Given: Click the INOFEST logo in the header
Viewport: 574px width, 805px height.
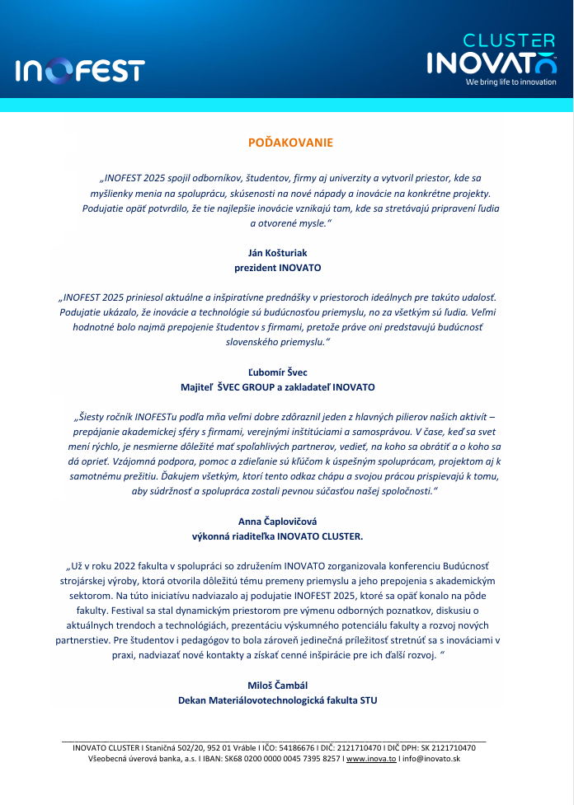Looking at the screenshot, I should [80, 71].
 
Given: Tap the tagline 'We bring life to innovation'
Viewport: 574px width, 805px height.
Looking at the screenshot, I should [511, 82].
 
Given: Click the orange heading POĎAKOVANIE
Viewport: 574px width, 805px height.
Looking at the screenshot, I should [290, 143].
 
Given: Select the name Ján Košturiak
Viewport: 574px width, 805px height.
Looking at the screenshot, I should [277, 253].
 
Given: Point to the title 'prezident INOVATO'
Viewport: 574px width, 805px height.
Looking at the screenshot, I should [277, 268].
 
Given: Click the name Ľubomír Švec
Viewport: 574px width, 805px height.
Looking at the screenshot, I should [277, 372].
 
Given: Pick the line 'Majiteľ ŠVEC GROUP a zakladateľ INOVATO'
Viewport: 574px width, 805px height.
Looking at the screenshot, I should [277, 386].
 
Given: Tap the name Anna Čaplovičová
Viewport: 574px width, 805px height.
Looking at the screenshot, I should [277, 522].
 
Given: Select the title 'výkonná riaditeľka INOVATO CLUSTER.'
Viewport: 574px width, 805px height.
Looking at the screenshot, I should [277, 536].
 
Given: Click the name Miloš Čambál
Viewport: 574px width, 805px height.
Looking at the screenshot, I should [277, 686].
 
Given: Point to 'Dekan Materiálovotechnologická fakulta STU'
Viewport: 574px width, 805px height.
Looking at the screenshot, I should [277, 700].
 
